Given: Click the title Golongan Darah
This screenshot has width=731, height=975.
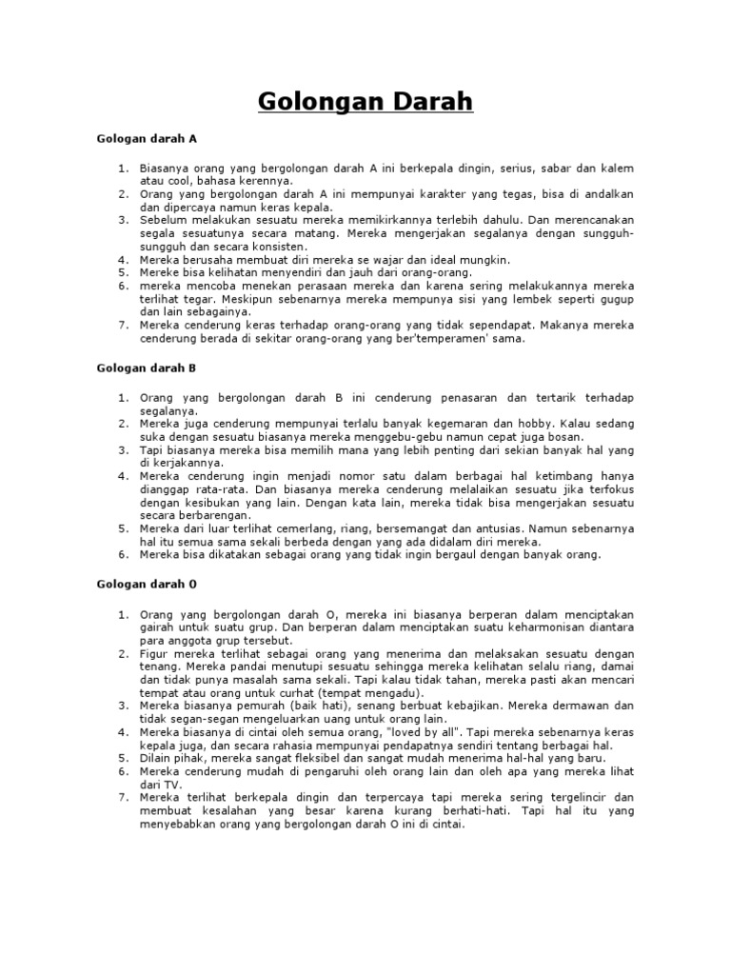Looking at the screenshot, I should click(x=365, y=100).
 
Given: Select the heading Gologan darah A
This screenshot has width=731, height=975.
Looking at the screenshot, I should click(x=147, y=138).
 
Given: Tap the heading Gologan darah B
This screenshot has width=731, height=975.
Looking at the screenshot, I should click(x=147, y=367).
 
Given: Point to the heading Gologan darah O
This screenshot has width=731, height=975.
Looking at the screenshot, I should click(x=147, y=582).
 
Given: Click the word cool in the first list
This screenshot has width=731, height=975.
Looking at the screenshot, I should click(x=178, y=180).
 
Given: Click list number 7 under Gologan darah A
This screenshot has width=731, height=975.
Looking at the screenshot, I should click(x=124, y=324).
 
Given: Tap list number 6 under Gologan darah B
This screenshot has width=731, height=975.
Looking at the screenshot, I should click(x=124, y=554).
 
